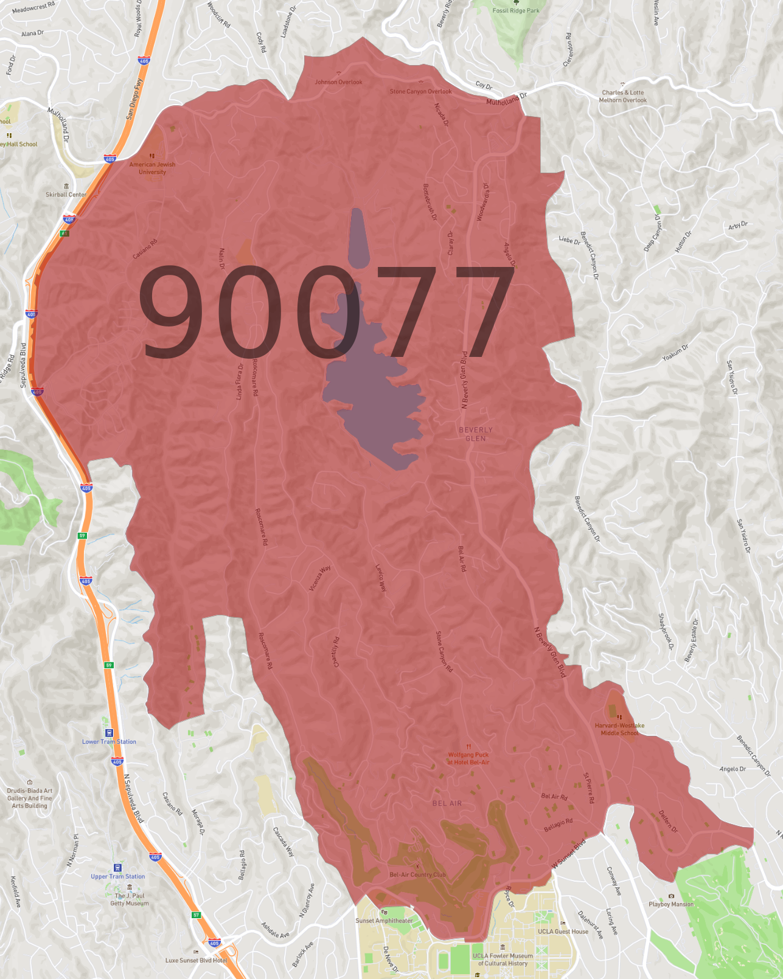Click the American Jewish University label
click(x=152, y=168)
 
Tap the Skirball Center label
click(x=66, y=195)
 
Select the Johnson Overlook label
click(x=338, y=82)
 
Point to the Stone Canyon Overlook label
click(x=420, y=91)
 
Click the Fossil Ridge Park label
click(x=516, y=10)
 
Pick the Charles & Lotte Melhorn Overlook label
click(x=622, y=97)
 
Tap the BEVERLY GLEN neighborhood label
click(x=476, y=434)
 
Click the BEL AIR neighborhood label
click(x=447, y=803)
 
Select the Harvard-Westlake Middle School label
click(x=619, y=729)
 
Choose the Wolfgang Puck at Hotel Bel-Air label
click(x=468, y=758)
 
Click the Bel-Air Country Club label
click(x=417, y=874)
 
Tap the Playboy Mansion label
click(x=671, y=904)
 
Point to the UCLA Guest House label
click(x=563, y=931)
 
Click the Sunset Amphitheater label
click(x=384, y=921)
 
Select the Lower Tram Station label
click(x=110, y=741)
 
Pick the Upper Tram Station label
click(x=118, y=876)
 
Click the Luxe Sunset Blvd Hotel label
click(x=197, y=960)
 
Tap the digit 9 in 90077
click(x=172, y=311)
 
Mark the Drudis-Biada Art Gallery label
click(x=30, y=798)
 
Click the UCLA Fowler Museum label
click(x=503, y=959)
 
